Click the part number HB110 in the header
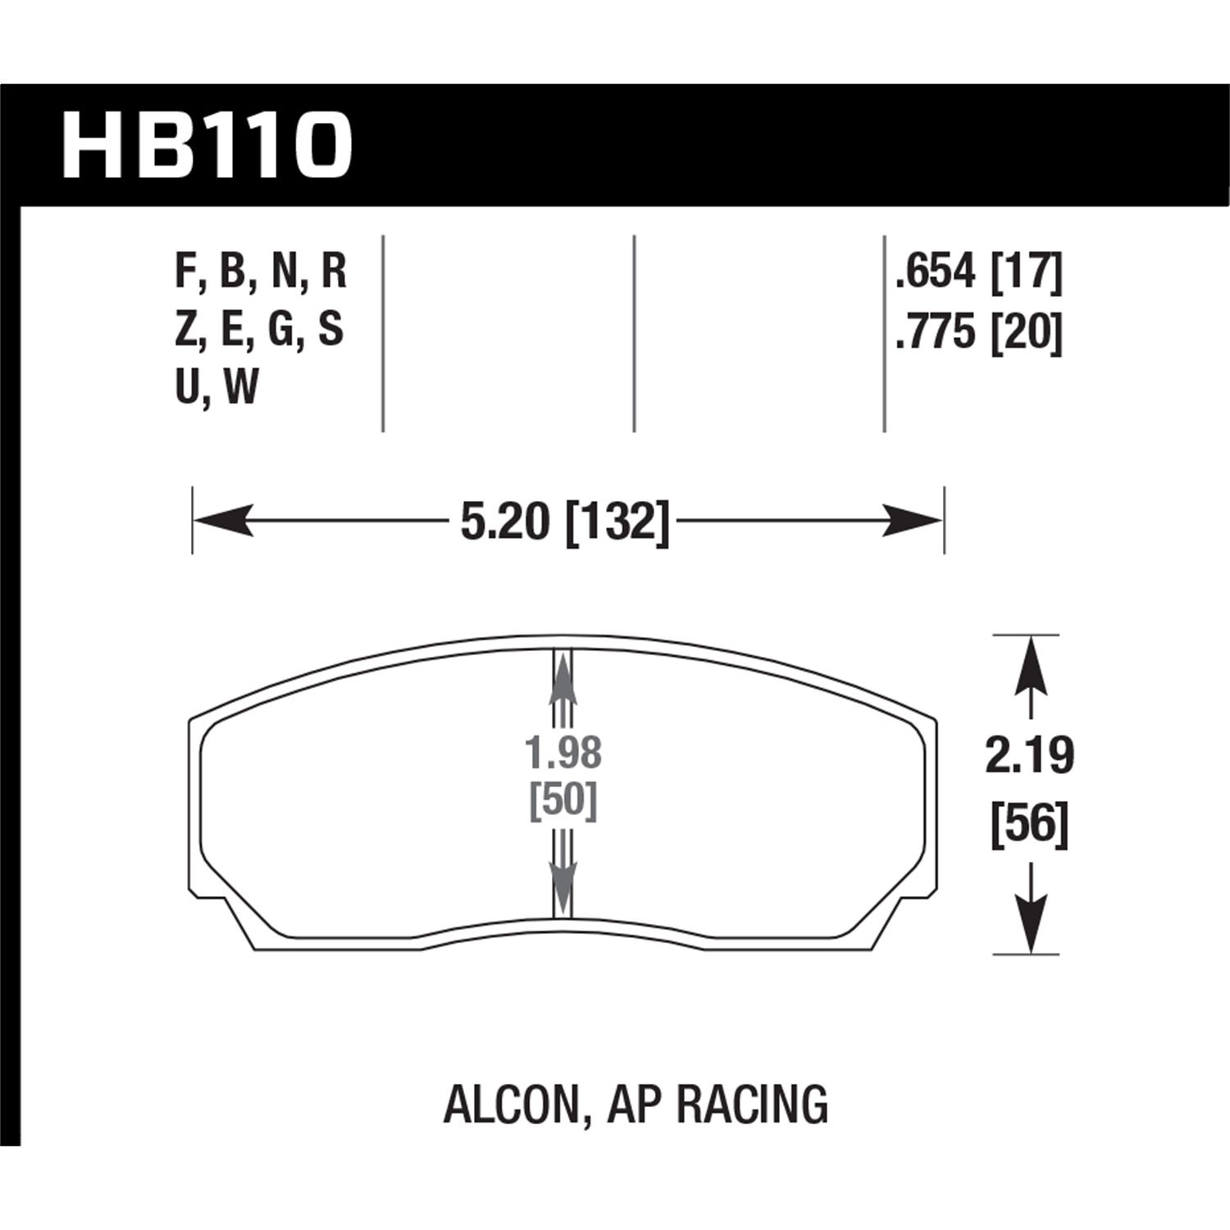point(207,147)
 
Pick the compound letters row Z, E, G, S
point(259,330)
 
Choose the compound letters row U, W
point(217,387)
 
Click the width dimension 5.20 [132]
point(565,522)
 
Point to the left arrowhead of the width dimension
point(221,521)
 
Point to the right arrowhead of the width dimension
point(913,521)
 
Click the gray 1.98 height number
point(563,753)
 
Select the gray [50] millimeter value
point(563,801)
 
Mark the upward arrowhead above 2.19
point(1030,664)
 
